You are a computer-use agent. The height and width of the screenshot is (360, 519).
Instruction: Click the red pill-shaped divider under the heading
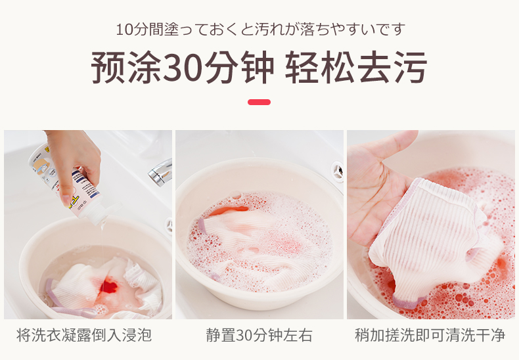coord(259,102)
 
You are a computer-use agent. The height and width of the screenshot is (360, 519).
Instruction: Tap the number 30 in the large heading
coord(183,68)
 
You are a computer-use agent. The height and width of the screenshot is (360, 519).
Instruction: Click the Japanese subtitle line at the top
coord(261,30)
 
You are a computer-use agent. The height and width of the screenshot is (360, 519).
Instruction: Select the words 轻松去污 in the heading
coord(356,68)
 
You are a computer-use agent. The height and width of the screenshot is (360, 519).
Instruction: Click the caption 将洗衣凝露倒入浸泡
coord(84,335)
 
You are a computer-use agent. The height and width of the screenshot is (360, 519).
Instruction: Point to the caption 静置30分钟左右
coord(259,335)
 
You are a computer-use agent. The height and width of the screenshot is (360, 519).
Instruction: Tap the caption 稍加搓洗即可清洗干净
coord(430,335)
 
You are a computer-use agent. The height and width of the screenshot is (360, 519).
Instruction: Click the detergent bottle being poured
coord(66,182)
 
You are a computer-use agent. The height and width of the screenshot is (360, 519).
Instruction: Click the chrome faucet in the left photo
coord(161,172)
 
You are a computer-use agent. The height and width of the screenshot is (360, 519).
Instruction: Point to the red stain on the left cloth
coord(108,286)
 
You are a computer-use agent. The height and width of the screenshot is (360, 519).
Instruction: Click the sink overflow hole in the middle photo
coord(338,171)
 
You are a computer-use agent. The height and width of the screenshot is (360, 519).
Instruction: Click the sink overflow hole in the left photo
coord(169,226)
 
